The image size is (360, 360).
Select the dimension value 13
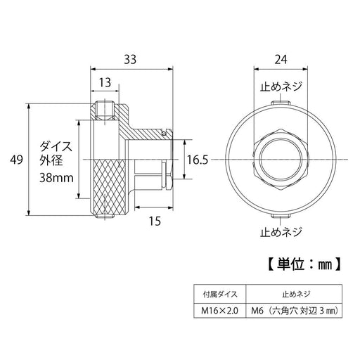[104, 83]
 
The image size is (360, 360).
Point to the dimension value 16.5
[199, 160]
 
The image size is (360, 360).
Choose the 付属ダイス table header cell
[219, 294]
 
